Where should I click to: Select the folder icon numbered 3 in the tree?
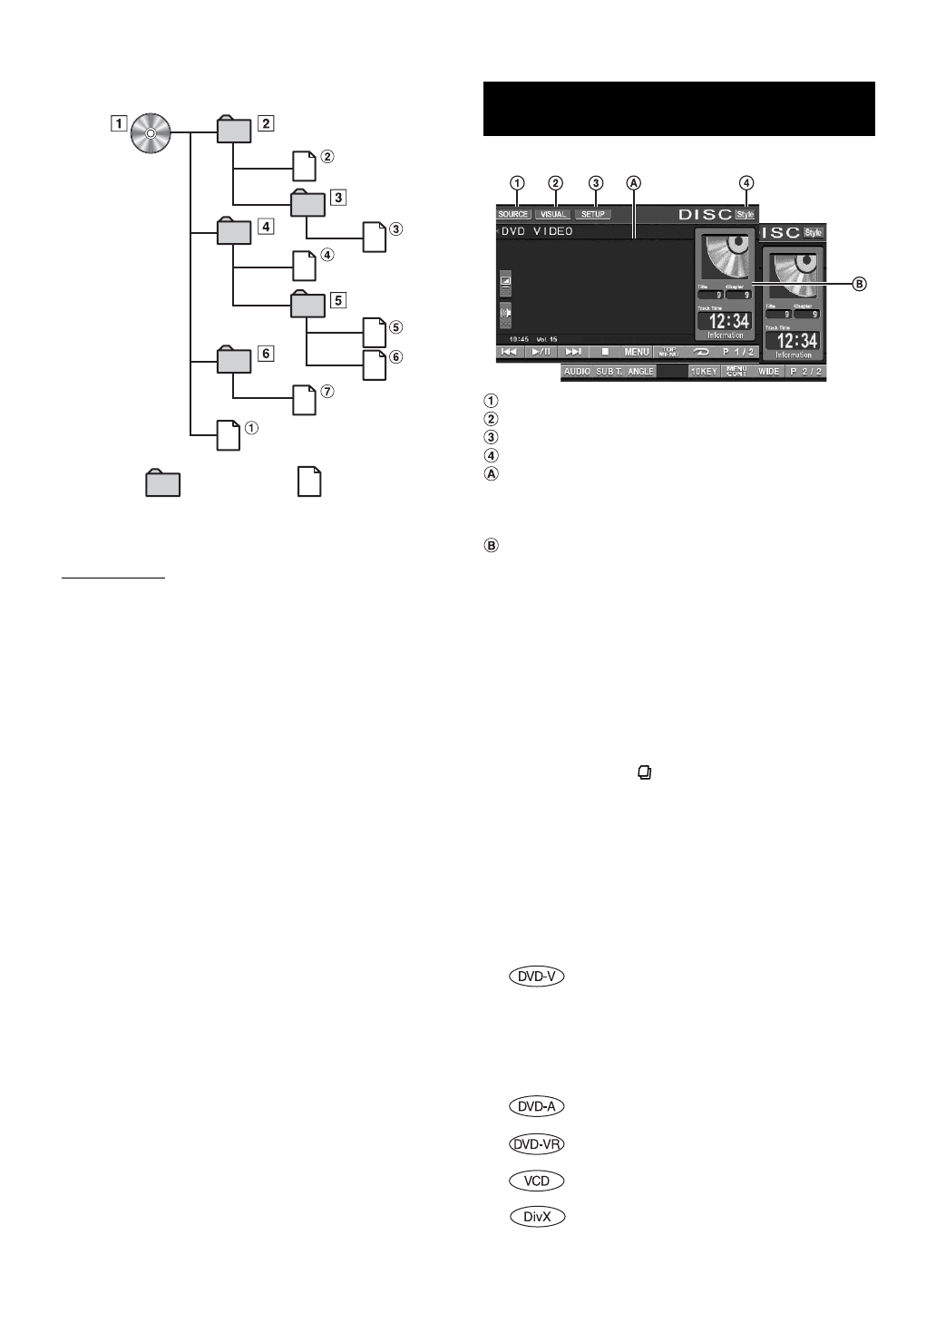tap(307, 203)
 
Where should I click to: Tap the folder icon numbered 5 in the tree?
tap(307, 305)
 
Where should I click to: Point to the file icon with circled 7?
tap(305, 400)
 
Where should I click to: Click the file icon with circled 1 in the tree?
tap(229, 435)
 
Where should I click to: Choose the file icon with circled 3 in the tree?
tap(375, 237)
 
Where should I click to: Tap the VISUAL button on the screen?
tap(553, 215)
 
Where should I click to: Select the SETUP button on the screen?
tap(593, 215)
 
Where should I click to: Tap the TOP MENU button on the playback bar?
tap(668, 352)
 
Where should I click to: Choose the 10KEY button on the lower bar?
tap(704, 372)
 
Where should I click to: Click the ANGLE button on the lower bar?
tap(640, 372)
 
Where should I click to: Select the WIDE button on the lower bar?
tap(768, 372)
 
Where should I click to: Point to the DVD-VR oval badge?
tap(537, 1144)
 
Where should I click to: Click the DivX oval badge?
tap(537, 1217)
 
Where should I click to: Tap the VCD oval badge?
tap(537, 1181)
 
